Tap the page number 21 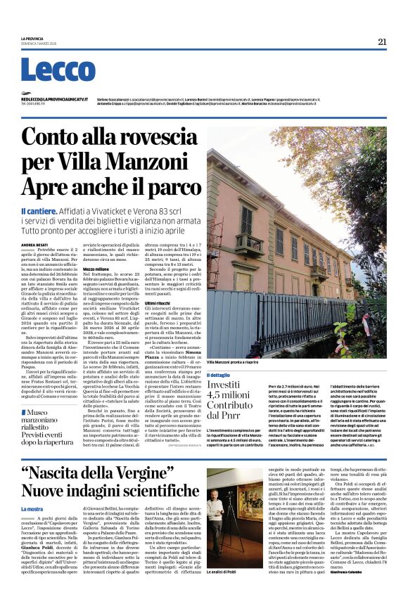(x=382, y=41)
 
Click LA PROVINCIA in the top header (x=32, y=39)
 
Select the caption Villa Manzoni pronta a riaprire (x=232, y=361)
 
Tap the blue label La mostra (x=32, y=508)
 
